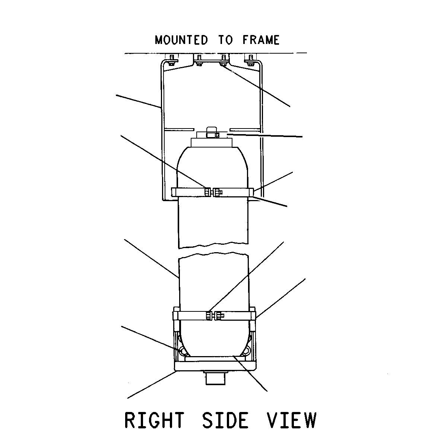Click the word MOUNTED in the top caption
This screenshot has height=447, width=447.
point(181,40)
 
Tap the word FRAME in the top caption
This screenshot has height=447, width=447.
point(261,40)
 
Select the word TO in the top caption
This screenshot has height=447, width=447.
point(225,40)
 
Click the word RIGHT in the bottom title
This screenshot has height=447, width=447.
point(155,420)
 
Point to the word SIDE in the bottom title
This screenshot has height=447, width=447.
point(225,420)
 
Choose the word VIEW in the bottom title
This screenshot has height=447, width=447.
point(291,420)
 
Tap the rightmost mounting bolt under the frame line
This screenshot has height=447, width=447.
point(251,60)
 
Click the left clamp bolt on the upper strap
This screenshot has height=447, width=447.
point(207,192)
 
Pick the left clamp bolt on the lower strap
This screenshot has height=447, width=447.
point(209,316)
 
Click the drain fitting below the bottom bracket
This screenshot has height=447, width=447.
point(215,378)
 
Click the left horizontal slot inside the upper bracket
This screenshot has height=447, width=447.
point(179,129)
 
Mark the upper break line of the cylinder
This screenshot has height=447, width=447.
point(213,245)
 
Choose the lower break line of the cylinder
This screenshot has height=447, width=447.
point(213,255)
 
